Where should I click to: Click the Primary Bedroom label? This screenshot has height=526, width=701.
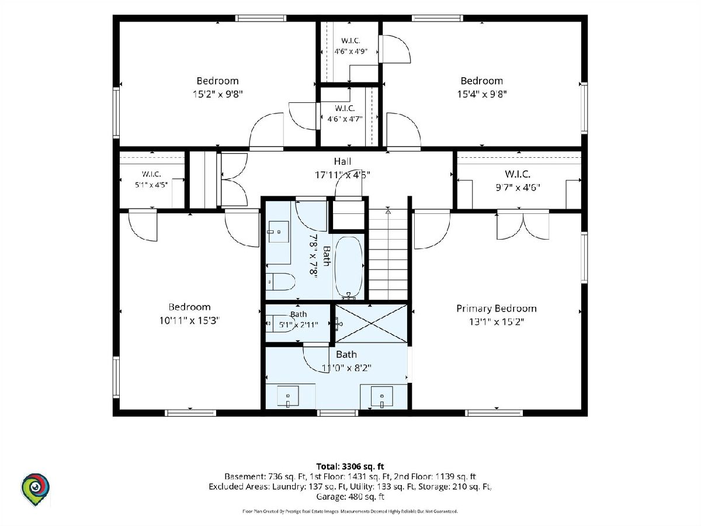pos(497,309)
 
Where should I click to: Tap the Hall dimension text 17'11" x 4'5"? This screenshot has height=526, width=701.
pos(342,175)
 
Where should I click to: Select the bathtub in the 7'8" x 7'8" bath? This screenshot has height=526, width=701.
pos(349,268)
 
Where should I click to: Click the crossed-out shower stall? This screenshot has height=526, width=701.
pos(371,324)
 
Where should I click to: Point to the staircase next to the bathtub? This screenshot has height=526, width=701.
pos(388,254)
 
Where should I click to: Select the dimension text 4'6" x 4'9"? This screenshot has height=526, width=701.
pos(350,51)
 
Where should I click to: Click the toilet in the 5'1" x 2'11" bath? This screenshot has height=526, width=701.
pos(280,324)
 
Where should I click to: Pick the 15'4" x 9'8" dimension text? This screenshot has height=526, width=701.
pos(482,94)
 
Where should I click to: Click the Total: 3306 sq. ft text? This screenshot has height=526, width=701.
pos(350,466)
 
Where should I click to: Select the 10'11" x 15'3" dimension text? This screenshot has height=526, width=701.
pos(190,320)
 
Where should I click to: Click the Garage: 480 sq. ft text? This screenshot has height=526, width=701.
pos(350,497)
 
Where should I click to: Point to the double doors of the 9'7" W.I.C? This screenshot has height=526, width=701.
pos(523,225)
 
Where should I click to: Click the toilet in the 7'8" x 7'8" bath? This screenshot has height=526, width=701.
pos(280,282)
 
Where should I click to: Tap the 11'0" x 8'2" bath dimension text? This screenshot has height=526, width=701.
pos(346,368)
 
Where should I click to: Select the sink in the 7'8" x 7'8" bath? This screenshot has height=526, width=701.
pos(279,232)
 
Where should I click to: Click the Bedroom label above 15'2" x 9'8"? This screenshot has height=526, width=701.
pos(217,81)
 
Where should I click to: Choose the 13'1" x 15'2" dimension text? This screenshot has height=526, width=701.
pos(497,321)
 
